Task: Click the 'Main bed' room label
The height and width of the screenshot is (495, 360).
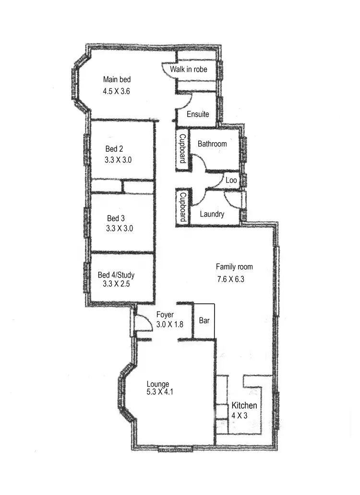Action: pyautogui.click(x=117, y=80)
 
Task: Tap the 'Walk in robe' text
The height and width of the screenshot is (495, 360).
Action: pyautogui.click(x=189, y=70)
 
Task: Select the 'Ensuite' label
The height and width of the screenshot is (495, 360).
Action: pyautogui.click(x=198, y=114)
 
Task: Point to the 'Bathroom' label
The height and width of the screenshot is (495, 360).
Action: pyautogui.click(x=212, y=144)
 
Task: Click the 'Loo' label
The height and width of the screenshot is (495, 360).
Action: pyautogui.click(x=231, y=181)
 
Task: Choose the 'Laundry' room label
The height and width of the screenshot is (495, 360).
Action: pyautogui.click(x=212, y=214)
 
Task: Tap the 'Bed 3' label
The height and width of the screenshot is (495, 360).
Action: pyautogui.click(x=116, y=218)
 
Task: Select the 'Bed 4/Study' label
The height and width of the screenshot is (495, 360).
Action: pyautogui.click(x=116, y=275)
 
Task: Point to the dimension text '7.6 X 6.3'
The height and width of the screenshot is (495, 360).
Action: pyautogui.click(x=230, y=279)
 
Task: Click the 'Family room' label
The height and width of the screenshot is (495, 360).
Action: pyautogui.click(x=234, y=267)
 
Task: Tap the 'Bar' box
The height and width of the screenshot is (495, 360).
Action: pyautogui.click(x=204, y=321)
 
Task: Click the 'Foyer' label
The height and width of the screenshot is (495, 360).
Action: pyautogui.click(x=165, y=315)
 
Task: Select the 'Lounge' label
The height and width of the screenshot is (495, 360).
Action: pyautogui.click(x=158, y=384)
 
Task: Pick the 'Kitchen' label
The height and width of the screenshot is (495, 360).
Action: pyautogui.click(x=244, y=406)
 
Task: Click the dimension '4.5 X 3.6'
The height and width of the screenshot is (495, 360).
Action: pyautogui.click(x=117, y=91)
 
